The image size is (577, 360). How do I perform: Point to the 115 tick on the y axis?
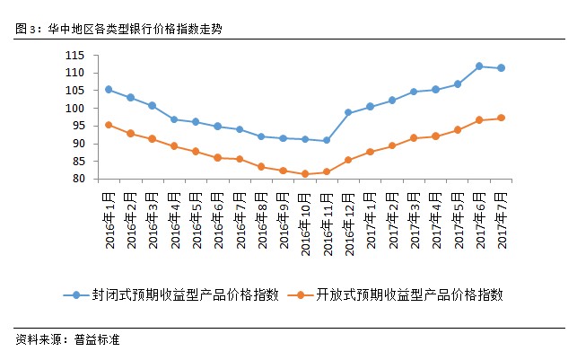click(x=74, y=56)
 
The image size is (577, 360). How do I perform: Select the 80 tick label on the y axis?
click(x=78, y=179)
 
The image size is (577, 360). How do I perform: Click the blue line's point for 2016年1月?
click(x=109, y=89)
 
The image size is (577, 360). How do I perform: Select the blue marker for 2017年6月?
click(x=479, y=66)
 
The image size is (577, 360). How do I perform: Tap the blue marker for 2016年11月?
click(x=327, y=140)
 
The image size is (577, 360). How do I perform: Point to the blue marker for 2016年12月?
click(x=348, y=113)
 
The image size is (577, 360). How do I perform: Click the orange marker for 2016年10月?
click(x=305, y=173)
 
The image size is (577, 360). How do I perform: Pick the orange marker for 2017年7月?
click(x=501, y=118)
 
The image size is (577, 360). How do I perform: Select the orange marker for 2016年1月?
click(x=109, y=125)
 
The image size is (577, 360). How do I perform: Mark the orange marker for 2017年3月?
click(x=414, y=138)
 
